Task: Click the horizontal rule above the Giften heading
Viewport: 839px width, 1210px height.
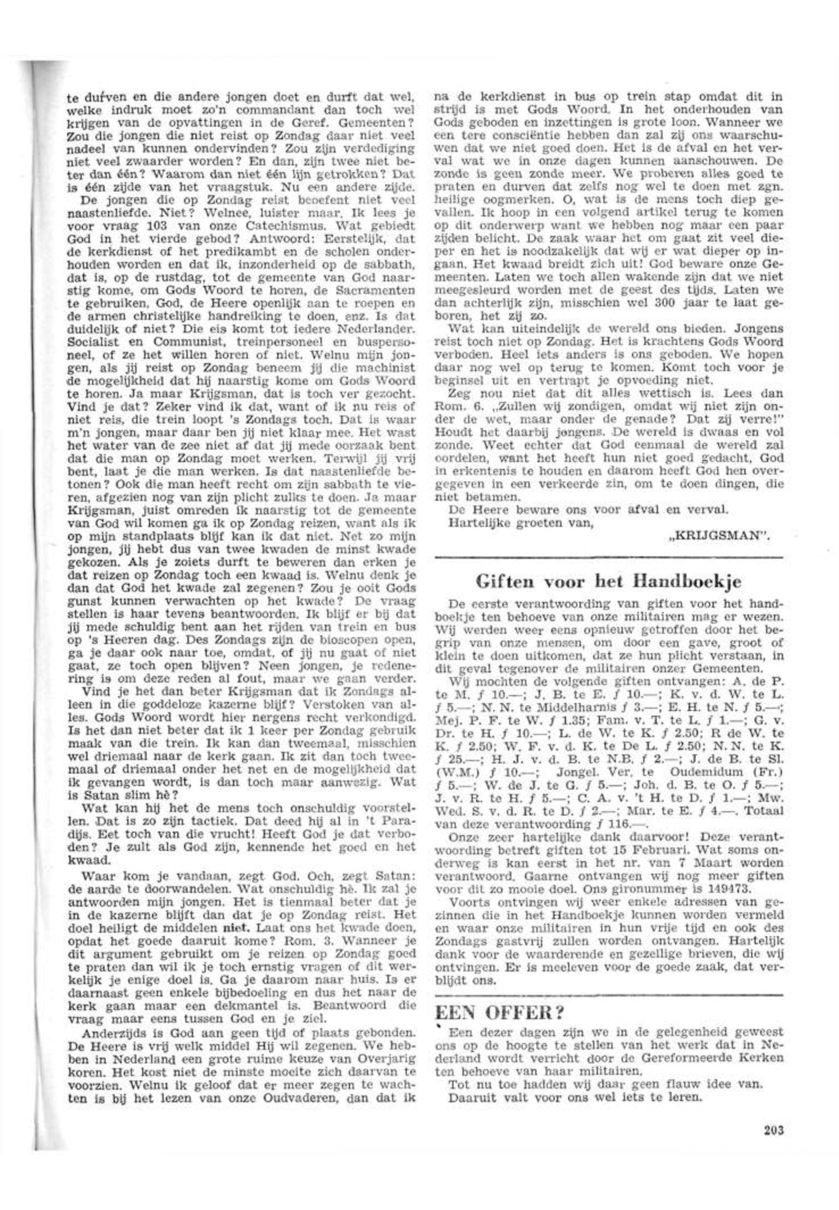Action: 609,557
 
